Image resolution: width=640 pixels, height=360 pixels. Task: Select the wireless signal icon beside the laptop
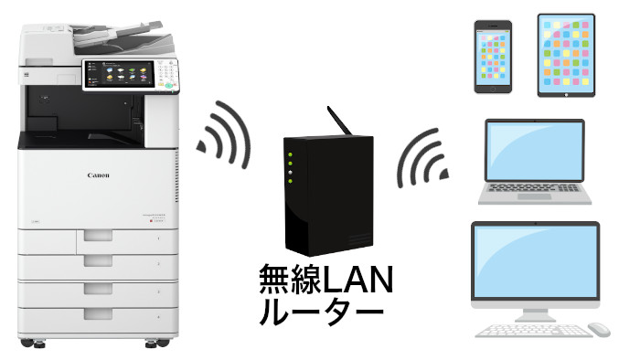423,155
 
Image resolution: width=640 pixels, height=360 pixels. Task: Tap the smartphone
494,57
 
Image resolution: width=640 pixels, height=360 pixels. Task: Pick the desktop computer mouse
599,328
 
